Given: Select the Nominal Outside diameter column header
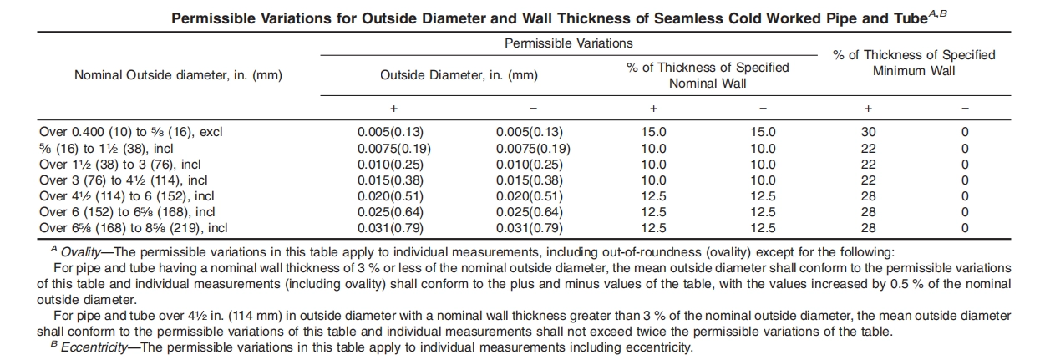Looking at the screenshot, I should point(179,75).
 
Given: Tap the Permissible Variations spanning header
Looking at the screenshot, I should point(568,43).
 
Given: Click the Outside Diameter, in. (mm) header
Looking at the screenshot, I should point(459,75).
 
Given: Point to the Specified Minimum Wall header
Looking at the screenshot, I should point(914,63).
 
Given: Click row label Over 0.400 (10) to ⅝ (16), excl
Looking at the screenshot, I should point(131,132).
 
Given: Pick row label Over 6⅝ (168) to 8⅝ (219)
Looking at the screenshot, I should point(134,228).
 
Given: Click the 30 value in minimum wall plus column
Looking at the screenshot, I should point(868,132).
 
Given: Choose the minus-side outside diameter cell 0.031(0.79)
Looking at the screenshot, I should point(530,228).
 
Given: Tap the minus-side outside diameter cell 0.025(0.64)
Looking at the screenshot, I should point(530,212).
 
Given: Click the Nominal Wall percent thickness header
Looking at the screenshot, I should point(708,75).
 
